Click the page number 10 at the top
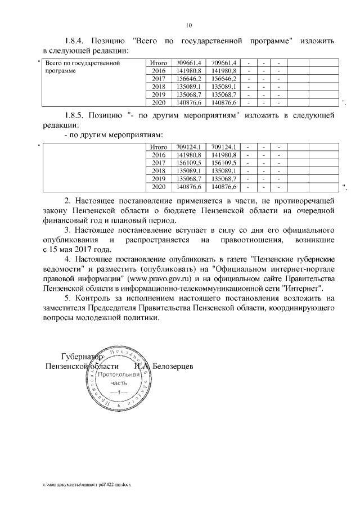(x=189, y=25)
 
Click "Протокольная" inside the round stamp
(x=115, y=375)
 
